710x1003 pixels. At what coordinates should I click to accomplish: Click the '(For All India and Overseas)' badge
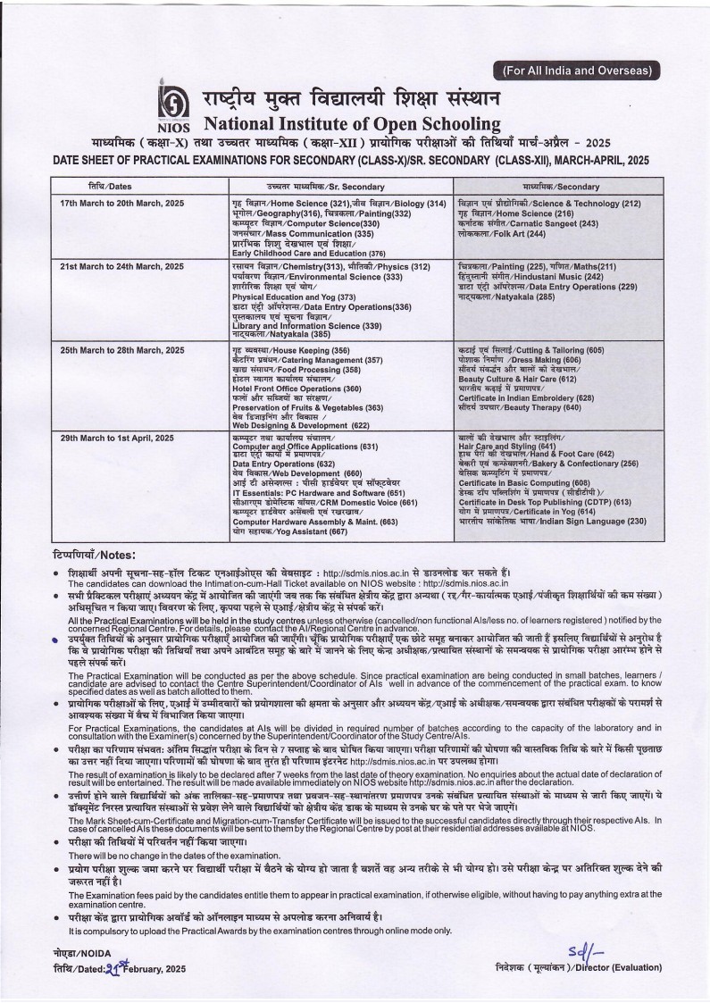577,70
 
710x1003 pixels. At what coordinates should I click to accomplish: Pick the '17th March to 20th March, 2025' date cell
121,204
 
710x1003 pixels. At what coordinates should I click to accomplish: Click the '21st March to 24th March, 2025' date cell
121,267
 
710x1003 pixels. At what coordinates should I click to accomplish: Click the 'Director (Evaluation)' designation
625,968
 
